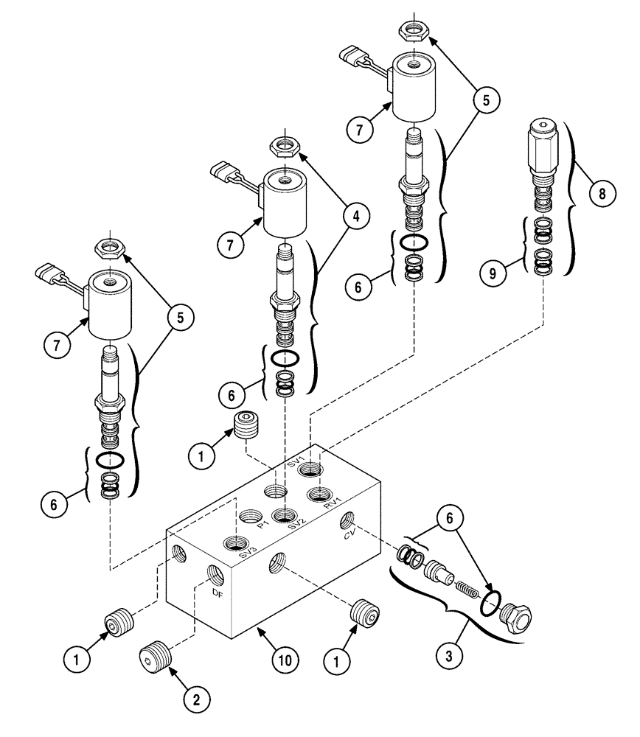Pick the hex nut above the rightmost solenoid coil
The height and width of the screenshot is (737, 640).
pos(411,30)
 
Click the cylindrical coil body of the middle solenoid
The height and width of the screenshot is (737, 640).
pos(286,203)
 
